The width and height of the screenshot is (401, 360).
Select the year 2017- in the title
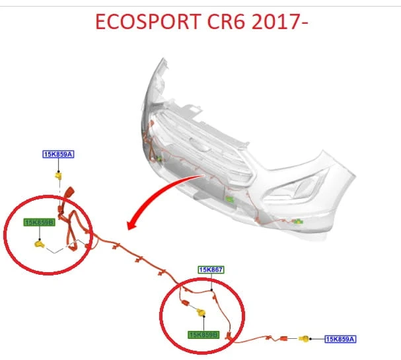pyautogui.click(x=280, y=22)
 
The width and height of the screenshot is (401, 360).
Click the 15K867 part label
pyautogui.click(x=211, y=270)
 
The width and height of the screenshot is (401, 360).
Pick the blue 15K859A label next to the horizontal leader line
pyautogui.click(x=340, y=339)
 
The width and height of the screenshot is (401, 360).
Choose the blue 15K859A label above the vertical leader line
pyautogui.click(x=58, y=154)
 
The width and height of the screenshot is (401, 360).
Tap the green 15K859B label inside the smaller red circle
pyautogui.click(x=39, y=222)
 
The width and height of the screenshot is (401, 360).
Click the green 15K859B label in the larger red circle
pyautogui.click(x=203, y=335)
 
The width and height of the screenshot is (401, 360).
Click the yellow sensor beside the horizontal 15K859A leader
pyautogui.click(x=305, y=339)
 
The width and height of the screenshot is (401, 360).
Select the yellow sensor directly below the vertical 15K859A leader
pyautogui.click(x=58, y=176)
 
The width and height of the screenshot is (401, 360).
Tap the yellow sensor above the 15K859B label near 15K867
pyautogui.click(x=201, y=312)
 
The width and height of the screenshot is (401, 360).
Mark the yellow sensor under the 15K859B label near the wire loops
pyautogui.click(x=39, y=244)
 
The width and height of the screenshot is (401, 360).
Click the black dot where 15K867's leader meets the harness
pyautogui.click(x=211, y=290)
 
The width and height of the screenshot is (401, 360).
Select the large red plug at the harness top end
pyautogui.click(x=69, y=192)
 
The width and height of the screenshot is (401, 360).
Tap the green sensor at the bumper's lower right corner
pyautogui.click(x=298, y=221)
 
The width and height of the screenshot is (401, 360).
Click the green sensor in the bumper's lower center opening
pyautogui.click(x=229, y=199)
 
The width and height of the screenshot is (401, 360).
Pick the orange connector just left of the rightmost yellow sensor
pyautogui.click(x=283, y=338)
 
